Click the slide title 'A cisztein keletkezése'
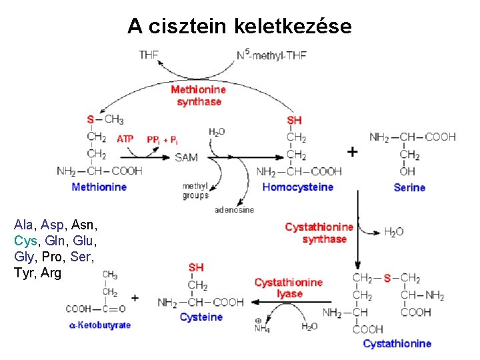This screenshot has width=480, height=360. click(x=239, y=26)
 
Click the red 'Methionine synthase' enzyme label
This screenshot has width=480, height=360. click(x=198, y=95)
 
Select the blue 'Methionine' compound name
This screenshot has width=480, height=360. click(x=99, y=187)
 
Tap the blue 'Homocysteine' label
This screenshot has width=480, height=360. click(x=297, y=187)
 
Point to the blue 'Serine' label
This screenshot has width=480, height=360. click(x=409, y=188)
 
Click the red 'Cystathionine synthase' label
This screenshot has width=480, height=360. click(x=319, y=233)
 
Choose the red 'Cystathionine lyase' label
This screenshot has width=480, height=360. click(x=288, y=288)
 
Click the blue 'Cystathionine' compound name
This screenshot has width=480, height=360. click(x=397, y=344)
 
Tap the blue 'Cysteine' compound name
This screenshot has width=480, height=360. click(x=201, y=317)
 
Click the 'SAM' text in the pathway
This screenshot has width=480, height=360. click(x=187, y=158)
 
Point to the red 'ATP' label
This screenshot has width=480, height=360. click(x=125, y=139)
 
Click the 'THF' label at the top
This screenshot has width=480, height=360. click(x=149, y=55)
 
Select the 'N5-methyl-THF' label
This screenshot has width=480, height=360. click(x=271, y=55)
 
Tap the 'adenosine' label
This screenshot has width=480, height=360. click(x=234, y=210)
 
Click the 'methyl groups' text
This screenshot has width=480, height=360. click(x=195, y=190)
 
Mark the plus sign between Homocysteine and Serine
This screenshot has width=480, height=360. click(x=352, y=152)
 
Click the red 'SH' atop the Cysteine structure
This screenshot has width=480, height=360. click(x=196, y=267)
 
